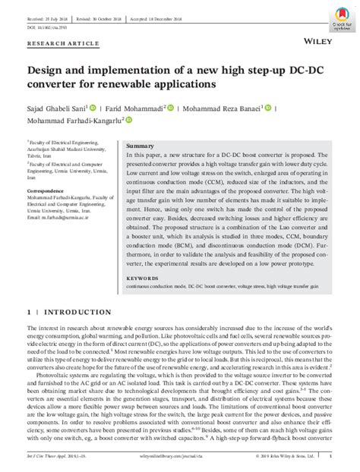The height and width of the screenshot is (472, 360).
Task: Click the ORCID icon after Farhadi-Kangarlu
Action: (x=128, y=120)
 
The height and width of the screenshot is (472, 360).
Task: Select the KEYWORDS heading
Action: (x=144, y=278)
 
